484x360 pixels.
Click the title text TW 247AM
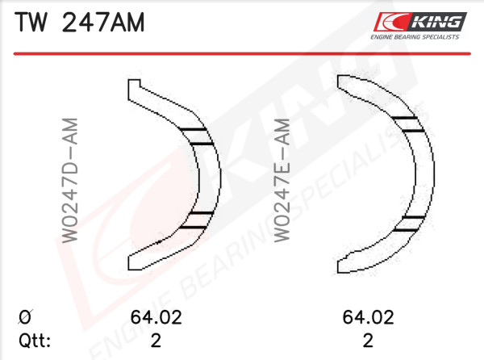[80, 23]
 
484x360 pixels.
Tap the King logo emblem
[419, 22]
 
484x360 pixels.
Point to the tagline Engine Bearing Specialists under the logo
[415, 37]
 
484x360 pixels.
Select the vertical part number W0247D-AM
[69, 180]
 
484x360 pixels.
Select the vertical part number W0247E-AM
[282, 180]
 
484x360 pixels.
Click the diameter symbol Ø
[25, 317]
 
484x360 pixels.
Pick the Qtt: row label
[35, 341]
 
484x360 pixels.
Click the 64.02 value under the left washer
[156, 317]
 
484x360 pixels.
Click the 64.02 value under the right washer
[369, 317]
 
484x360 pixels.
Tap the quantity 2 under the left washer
[156, 341]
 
